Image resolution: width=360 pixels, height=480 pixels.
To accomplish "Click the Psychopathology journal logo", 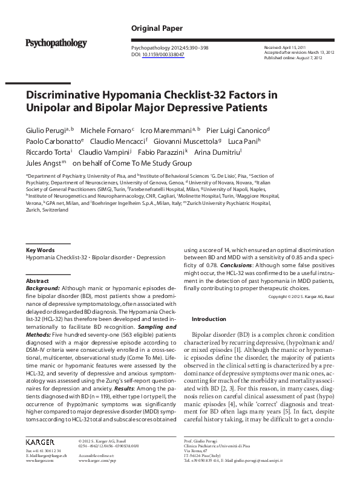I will pyautogui.click(x=56, y=43).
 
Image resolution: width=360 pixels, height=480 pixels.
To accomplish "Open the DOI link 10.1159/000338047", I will pyautogui.click(x=163, y=54).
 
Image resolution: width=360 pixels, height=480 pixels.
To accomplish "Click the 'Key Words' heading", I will pyautogui.click(x=41, y=250).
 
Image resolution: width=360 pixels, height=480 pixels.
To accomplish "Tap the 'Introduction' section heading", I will pyautogui.click(x=209, y=319).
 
